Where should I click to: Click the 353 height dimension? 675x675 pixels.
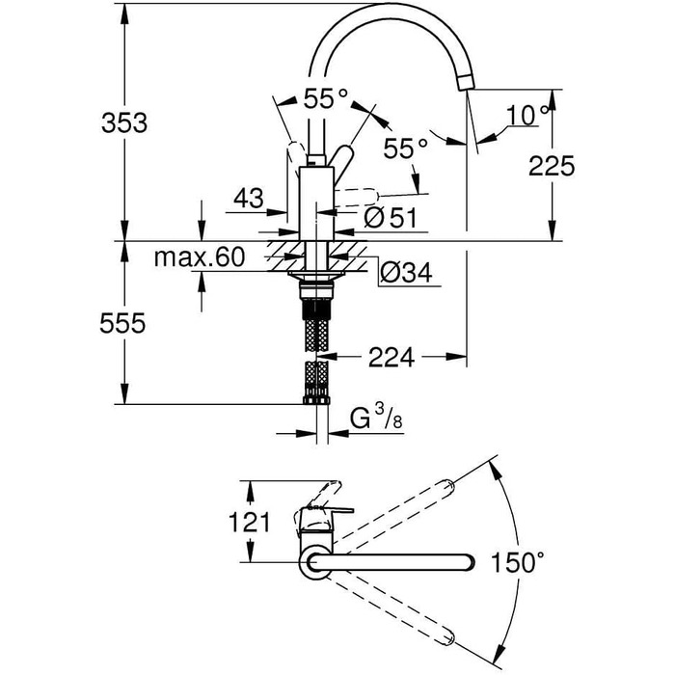124,122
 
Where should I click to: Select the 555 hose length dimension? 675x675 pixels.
122,323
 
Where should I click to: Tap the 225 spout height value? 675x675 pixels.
552,166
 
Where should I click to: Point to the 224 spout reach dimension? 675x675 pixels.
391,357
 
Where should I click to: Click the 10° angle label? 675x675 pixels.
528,116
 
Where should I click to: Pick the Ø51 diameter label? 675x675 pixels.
391,217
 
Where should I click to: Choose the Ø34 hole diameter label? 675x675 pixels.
406,273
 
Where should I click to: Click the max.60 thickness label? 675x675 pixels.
200,257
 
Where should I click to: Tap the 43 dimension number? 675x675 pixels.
249,199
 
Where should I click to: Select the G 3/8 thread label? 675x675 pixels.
376,418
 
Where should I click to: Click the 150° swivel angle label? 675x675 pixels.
518,562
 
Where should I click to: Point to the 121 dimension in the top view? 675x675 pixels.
249,523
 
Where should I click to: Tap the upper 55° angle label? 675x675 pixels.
326,98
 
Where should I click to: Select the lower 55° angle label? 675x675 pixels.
406,148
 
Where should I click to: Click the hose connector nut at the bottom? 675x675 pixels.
316,400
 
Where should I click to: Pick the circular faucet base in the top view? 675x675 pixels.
315,562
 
